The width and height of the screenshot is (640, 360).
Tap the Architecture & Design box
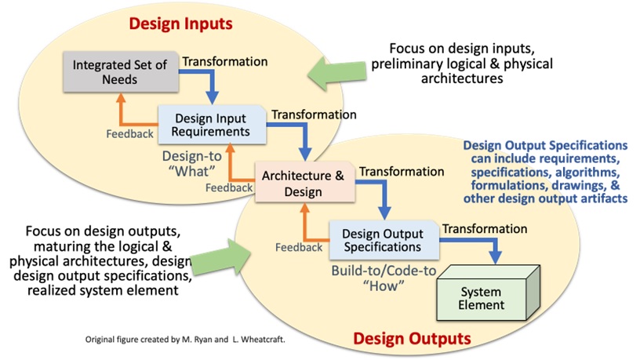[x=303, y=183]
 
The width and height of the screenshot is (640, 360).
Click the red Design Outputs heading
[x=411, y=339]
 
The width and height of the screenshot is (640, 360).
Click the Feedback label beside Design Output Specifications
[x=298, y=247]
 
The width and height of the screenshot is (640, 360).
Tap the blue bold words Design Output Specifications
[x=546, y=145]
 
